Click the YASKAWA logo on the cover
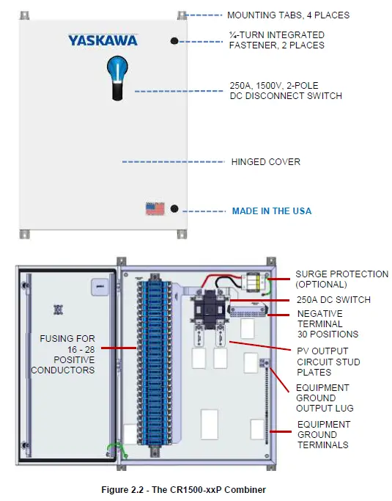click(x=103, y=40)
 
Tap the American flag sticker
click(x=155, y=209)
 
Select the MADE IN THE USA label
click(x=271, y=211)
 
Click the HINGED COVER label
click(x=265, y=161)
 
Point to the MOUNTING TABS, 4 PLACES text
click(x=288, y=15)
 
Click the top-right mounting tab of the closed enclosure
click(x=182, y=15)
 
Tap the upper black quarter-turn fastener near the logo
click(x=175, y=41)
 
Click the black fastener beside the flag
click(x=174, y=209)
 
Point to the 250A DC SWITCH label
click(x=333, y=299)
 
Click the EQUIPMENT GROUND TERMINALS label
click(x=323, y=434)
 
